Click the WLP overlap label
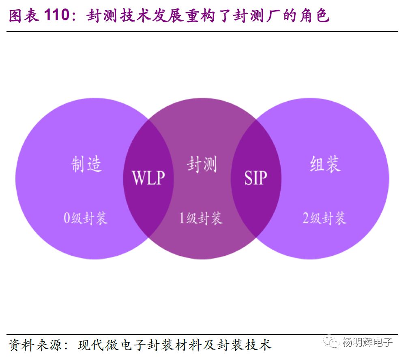[148, 178]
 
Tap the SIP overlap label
[256, 178]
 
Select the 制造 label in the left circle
[87, 165]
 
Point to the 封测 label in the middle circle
[202, 165]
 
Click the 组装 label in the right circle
[325, 164]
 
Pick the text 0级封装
[86, 219]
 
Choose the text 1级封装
[201, 219]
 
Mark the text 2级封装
[324, 219]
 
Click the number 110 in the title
[57, 16]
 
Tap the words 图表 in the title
[23, 16]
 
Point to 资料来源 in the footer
[34, 345]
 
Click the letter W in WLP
[139, 178]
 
